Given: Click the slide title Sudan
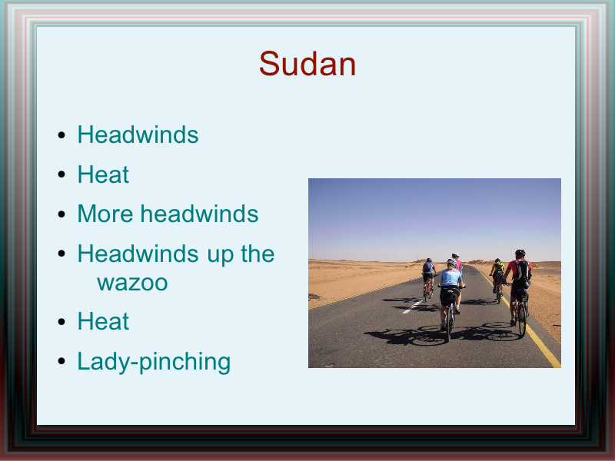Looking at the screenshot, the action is tap(307, 64).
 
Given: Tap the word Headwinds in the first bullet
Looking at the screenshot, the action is tap(138, 134).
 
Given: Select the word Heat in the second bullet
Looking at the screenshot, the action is tap(103, 174).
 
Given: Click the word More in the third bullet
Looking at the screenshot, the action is tap(105, 214).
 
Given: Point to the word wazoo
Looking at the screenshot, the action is tap(132, 283).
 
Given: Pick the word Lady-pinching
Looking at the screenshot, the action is tap(154, 362).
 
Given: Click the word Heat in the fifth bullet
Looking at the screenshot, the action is tap(103, 321).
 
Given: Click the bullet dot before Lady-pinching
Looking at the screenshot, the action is tap(61, 361).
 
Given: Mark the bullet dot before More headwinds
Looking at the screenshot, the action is tap(61, 214).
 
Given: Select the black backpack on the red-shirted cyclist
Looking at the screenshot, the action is tap(523, 274).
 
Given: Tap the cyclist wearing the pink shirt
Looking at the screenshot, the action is tap(457, 263).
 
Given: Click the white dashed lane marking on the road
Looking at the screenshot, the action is tap(412, 307).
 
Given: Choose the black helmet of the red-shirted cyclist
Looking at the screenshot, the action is tap(520, 253).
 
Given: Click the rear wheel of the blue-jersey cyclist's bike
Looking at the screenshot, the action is tap(449, 323).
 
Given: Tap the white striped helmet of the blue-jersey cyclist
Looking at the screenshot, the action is tap(451, 261).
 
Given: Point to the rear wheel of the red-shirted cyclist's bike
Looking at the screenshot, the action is tap(522, 320).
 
